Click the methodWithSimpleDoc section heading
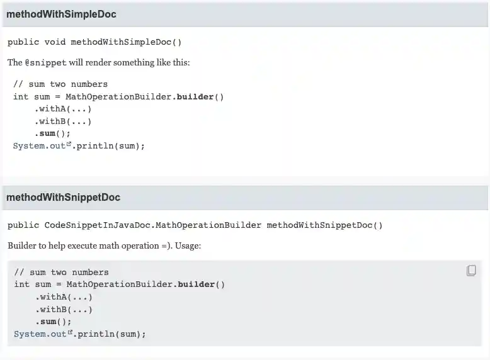(61, 14)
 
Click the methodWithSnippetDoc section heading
(63, 197)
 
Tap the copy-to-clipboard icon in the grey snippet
(471, 271)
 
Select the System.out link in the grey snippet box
(40, 334)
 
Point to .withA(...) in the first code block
(63, 109)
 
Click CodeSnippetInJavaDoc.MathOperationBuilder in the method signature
(152, 225)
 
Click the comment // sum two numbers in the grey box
(61, 273)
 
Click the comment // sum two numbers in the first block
(60, 84)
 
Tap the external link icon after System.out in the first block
(69, 145)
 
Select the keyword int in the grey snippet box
(21, 284)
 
